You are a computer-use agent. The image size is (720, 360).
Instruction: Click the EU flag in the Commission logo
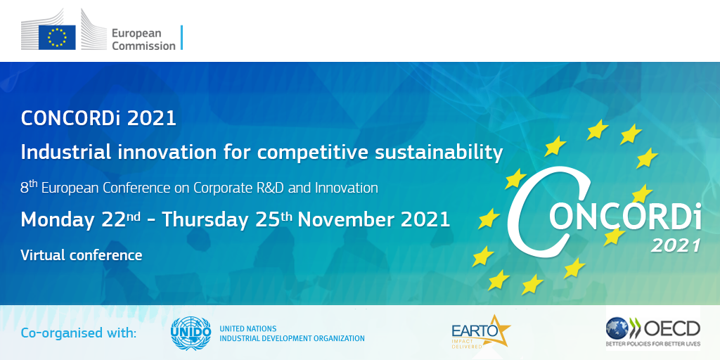pyautogui.click(x=57, y=37)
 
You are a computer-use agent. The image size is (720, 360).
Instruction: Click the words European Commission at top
pyautogui.click(x=143, y=39)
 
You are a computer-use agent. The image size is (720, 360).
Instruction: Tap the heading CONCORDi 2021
pyautogui.click(x=98, y=118)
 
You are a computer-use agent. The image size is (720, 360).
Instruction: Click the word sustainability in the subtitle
pyautogui.click(x=439, y=153)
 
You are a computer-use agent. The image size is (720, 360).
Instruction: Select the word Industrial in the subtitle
pyautogui.click(x=66, y=153)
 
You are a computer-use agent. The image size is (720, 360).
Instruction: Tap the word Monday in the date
pyautogui.click(x=58, y=220)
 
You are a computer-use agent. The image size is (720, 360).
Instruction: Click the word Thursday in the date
pyautogui.click(x=205, y=220)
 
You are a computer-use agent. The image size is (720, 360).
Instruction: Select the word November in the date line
pyautogui.click(x=347, y=220)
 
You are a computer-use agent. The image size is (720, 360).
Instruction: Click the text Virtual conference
pyautogui.click(x=82, y=255)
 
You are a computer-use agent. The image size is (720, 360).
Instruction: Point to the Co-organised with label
pyautogui.click(x=79, y=333)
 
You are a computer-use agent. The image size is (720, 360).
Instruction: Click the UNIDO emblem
pyautogui.click(x=191, y=333)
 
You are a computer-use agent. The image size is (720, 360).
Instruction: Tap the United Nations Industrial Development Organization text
pyautogui.click(x=292, y=334)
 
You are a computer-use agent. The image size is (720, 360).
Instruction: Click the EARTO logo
pyautogui.click(x=481, y=332)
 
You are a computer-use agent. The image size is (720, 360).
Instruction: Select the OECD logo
pyautogui.click(x=653, y=332)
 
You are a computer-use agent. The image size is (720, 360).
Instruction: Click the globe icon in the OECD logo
pyautogui.click(x=617, y=328)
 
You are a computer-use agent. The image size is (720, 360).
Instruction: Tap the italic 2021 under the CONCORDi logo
pyautogui.click(x=676, y=245)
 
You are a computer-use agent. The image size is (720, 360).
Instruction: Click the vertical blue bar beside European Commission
pyautogui.click(x=182, y=38)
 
